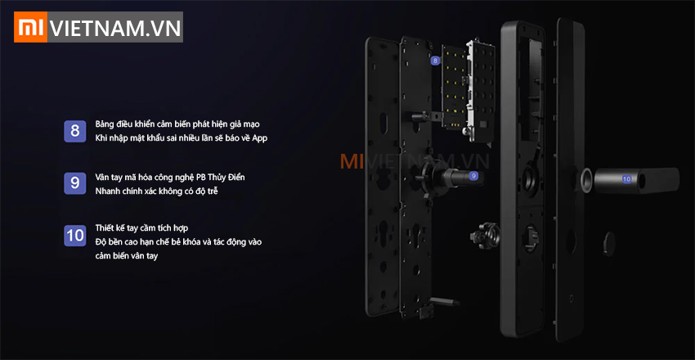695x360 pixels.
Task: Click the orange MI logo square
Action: tap(31, 27)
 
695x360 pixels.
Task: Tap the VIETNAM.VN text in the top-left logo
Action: tap(115, 28)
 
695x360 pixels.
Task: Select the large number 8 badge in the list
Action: tap(75, 131)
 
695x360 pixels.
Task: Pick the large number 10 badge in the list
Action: tap(75, 236)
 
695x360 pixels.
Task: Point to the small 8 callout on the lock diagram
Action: tap(436, 61)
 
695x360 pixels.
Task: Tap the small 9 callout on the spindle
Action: tap(473, 176)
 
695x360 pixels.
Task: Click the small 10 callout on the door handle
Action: tap(626, 179)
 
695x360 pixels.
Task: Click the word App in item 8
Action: tap(260, 138)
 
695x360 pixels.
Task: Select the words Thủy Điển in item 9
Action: tap(229, 178)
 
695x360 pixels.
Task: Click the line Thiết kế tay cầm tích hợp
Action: tap(141, 228)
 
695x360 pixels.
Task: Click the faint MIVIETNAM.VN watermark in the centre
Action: tap(415, 162)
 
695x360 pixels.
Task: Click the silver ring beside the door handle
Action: tap(585, 181)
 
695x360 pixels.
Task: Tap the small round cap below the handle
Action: tap(608, 243)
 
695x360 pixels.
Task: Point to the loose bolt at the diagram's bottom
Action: tap(446, 301)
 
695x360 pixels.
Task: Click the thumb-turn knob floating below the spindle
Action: tap(484, 234)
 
